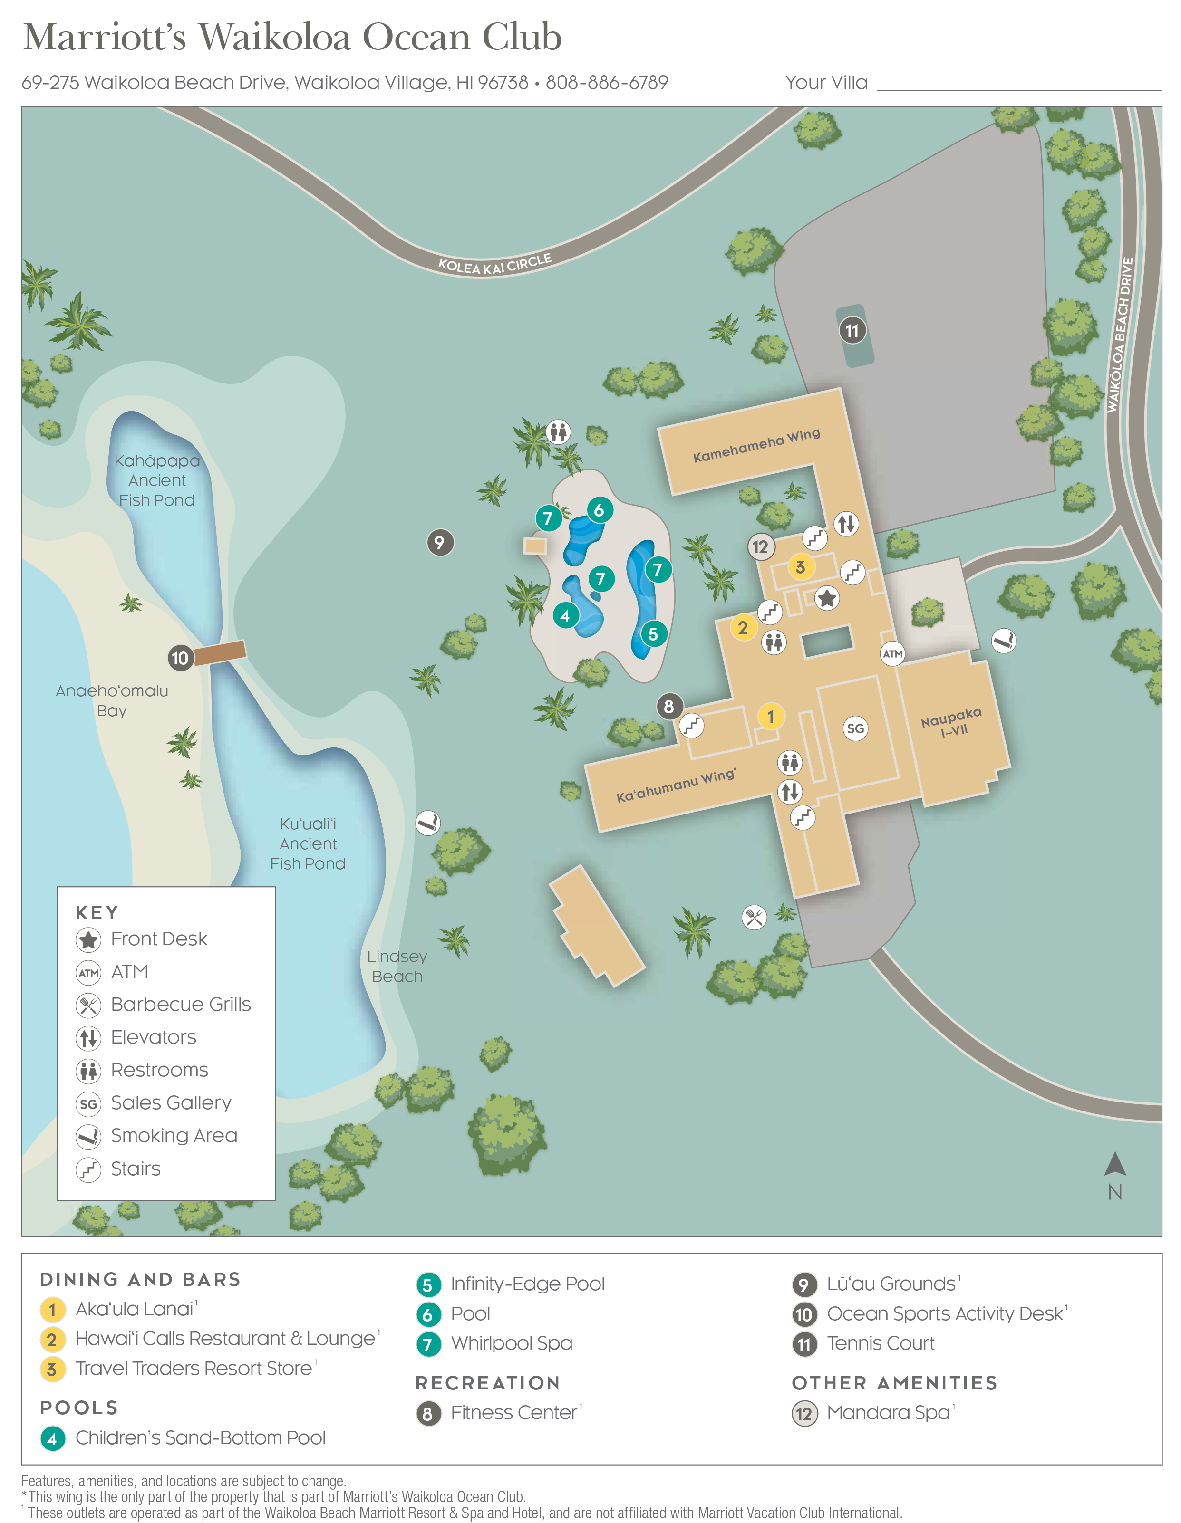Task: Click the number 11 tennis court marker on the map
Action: pos(852,331)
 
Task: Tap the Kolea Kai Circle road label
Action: pos(494,264)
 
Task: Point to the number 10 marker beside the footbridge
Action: pos(180,658)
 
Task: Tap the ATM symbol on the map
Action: pos(892,653)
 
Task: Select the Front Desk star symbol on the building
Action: pos(827,598)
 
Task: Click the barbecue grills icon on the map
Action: pos(754,917)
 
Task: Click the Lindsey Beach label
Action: pos(397,966)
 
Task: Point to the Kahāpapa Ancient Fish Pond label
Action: pos(157,480)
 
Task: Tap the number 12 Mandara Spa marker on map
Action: pos(760,547)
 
